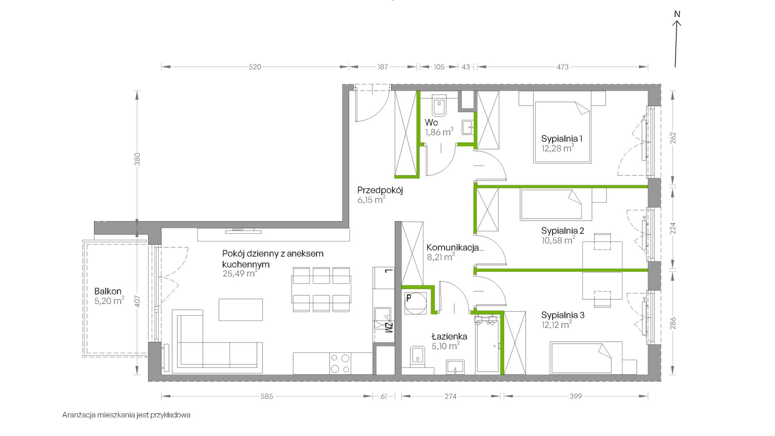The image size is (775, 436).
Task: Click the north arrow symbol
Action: (677, 40)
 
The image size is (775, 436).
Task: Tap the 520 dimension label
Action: (255, 67)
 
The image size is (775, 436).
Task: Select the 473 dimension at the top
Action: (562, 67)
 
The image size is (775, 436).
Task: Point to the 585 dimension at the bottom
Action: (267, 396)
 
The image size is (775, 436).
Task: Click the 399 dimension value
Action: (576, 396)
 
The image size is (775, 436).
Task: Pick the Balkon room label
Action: (108, 291)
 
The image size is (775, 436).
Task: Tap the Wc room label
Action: (431, 122)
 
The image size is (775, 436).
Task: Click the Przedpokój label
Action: (380, 190)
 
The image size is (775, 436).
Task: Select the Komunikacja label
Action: (453, 248)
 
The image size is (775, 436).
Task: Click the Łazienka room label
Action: (449, 336)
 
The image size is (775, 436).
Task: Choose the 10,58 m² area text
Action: (558, 240)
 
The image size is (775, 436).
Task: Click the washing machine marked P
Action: (415, 303)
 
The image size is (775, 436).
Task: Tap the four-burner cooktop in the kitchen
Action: (340, 363)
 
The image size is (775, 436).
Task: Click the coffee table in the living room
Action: (241, 310)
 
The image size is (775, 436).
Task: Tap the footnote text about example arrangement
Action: (126, 415)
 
